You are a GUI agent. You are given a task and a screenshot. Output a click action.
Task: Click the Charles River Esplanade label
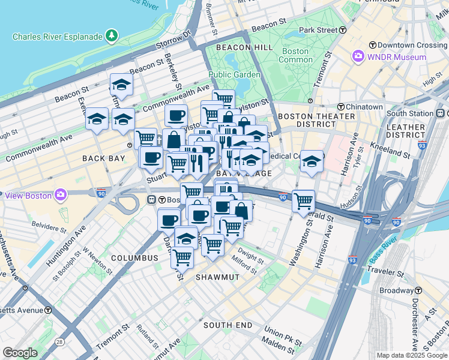(58, 37)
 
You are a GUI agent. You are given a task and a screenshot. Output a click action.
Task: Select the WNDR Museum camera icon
(358, 56)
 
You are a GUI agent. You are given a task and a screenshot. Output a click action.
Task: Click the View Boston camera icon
(61, 194)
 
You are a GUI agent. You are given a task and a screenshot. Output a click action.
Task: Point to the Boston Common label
(296, 55)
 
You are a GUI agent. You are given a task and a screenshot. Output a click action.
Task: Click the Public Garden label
(234, 74)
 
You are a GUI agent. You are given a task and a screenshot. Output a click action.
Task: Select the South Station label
(410, 113)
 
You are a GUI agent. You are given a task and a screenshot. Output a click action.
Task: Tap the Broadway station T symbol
(418, 290)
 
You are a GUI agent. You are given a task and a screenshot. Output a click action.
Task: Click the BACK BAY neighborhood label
(104, 158)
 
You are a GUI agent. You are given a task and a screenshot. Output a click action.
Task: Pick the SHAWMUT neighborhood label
(217, 277)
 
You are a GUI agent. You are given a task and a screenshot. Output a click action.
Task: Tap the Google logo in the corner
(20, 353)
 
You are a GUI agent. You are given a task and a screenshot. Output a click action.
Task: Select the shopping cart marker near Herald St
(304, 200)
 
